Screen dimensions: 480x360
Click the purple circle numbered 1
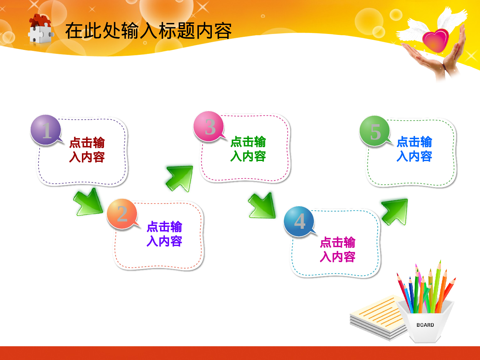coord(46,130)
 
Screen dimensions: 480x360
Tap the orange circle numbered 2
coord(122,213)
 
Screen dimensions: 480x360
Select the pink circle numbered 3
coord(209,126)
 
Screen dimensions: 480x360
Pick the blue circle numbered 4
coord(299,221)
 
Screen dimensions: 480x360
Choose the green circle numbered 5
coord(375,131)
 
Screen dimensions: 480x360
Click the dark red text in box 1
coord(87,150)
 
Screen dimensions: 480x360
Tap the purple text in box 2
coord(164,234)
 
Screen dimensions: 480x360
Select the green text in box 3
coord(248,149)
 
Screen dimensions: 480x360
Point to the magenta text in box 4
coord(338,249)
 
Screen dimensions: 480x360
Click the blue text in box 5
coord(414,149)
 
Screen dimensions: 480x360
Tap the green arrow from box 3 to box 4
coord(262,205)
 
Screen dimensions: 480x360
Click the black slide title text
coord(148,31)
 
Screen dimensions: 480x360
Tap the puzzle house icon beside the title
coord(41,28)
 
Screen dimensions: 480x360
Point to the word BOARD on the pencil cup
coord(425,325)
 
